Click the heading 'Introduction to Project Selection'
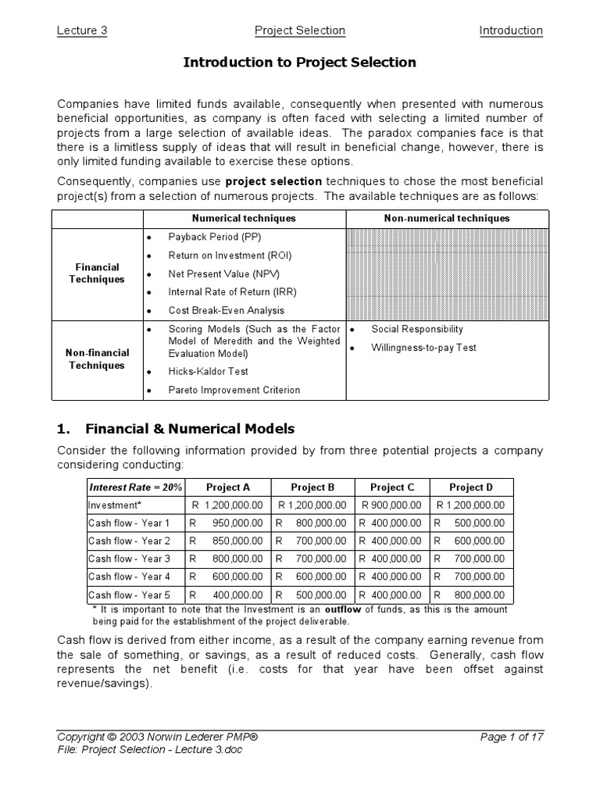tap(299, 62)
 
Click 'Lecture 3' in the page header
tap(81, 30)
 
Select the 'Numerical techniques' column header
tap(244, 219)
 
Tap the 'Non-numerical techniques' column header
tap(446, 219)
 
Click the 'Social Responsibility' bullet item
tap(417, 330)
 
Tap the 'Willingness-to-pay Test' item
tap(423, 348)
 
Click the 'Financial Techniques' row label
tap(98, 273)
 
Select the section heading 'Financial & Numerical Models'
tap(189, 428)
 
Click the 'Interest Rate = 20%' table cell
tap(135, 487)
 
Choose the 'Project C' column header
tap(392, 487)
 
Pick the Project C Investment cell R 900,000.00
tap(392, 505)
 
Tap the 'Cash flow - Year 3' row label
tap(129, 559)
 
